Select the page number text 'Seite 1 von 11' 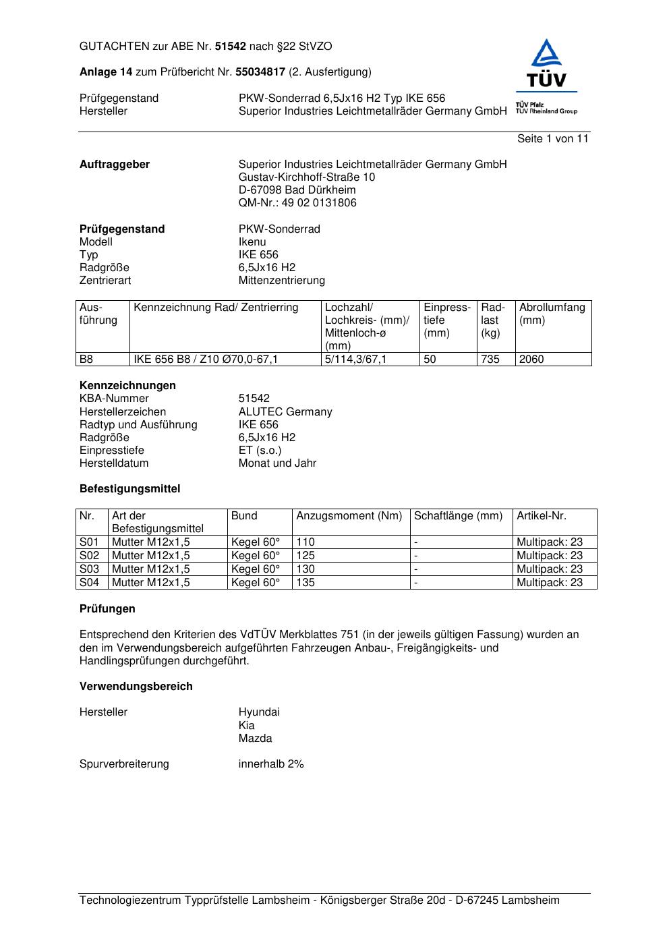click(552, 139)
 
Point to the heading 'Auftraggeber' click(115, 165)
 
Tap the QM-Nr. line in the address click(297, 203)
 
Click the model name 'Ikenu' click(252, 242)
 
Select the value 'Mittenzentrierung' click(281, 281)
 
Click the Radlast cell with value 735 click(490, 360)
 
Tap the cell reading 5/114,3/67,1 click(355, 360)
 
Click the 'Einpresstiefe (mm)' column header click(446, 320)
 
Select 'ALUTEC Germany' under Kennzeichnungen click(285, 412)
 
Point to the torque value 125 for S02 click(306, 556)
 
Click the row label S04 click(89, 583)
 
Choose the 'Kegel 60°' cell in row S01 click(256, 542)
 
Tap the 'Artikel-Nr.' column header click(542, 516)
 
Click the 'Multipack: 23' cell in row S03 click(549, 569)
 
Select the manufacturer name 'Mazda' click(255, 739)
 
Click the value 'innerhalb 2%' click(271, 764)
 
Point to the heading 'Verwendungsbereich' click(136, 687)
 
